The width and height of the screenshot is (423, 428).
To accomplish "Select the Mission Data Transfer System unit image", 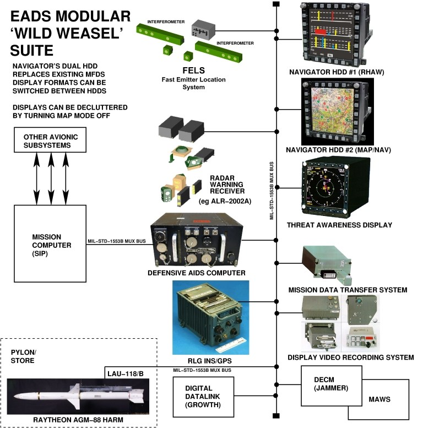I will (327, 264).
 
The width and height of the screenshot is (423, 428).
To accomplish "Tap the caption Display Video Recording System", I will (350, 357).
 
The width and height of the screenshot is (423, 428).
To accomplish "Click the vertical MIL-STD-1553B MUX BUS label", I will (272, 191).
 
